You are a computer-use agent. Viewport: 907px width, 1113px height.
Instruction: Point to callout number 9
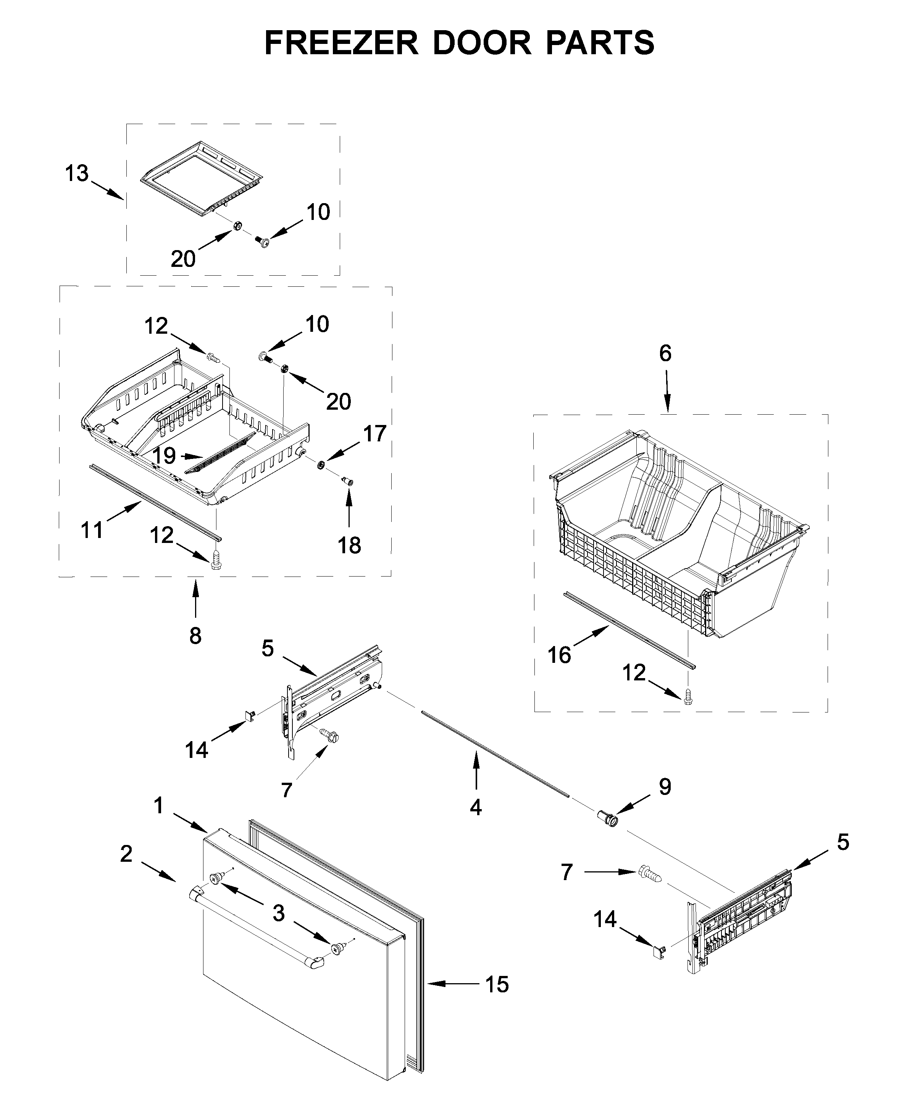point(665,801)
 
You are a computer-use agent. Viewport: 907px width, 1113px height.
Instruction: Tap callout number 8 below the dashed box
point(195,636)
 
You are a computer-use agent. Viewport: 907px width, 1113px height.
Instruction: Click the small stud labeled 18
point(348,480)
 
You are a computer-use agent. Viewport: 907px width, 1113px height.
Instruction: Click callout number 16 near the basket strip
point(559,655)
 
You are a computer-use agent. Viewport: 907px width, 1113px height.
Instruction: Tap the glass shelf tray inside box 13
point(201,178)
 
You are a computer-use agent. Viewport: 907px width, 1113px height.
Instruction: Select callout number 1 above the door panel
point(159,805)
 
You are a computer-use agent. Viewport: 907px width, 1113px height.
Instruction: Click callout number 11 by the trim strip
point(92,530)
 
